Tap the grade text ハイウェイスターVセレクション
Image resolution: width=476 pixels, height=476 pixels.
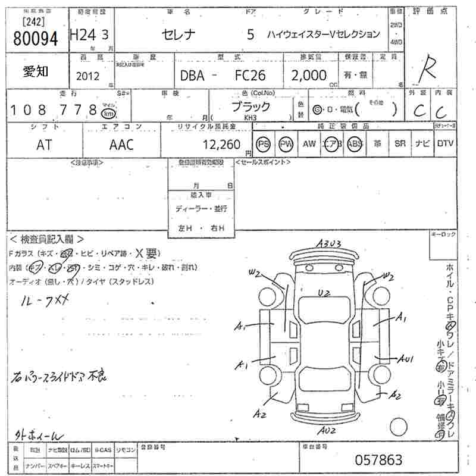click(x=323, y=34)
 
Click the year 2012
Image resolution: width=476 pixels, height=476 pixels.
click(x=88, y=76)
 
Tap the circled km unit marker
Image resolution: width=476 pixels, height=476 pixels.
click(x=108, y=112)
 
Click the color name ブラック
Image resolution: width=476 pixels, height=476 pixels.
click(x=250, y=107)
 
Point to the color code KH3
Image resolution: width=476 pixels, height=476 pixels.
click(x=250, y=118)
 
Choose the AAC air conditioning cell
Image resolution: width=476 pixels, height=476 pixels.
click(x=121, y=145)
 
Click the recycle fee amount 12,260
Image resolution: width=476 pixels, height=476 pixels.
click(x=221, y=145)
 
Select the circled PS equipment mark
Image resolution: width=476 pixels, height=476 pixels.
click(x=263, y=144)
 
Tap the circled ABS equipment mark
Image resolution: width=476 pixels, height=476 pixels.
click(x=355, y=144)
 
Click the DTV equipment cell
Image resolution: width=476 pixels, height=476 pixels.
click(x=445, y=144)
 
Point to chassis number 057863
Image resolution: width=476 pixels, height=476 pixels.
click(x=378, y=460)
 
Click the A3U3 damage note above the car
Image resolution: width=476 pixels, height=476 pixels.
click(x=328, y=243)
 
